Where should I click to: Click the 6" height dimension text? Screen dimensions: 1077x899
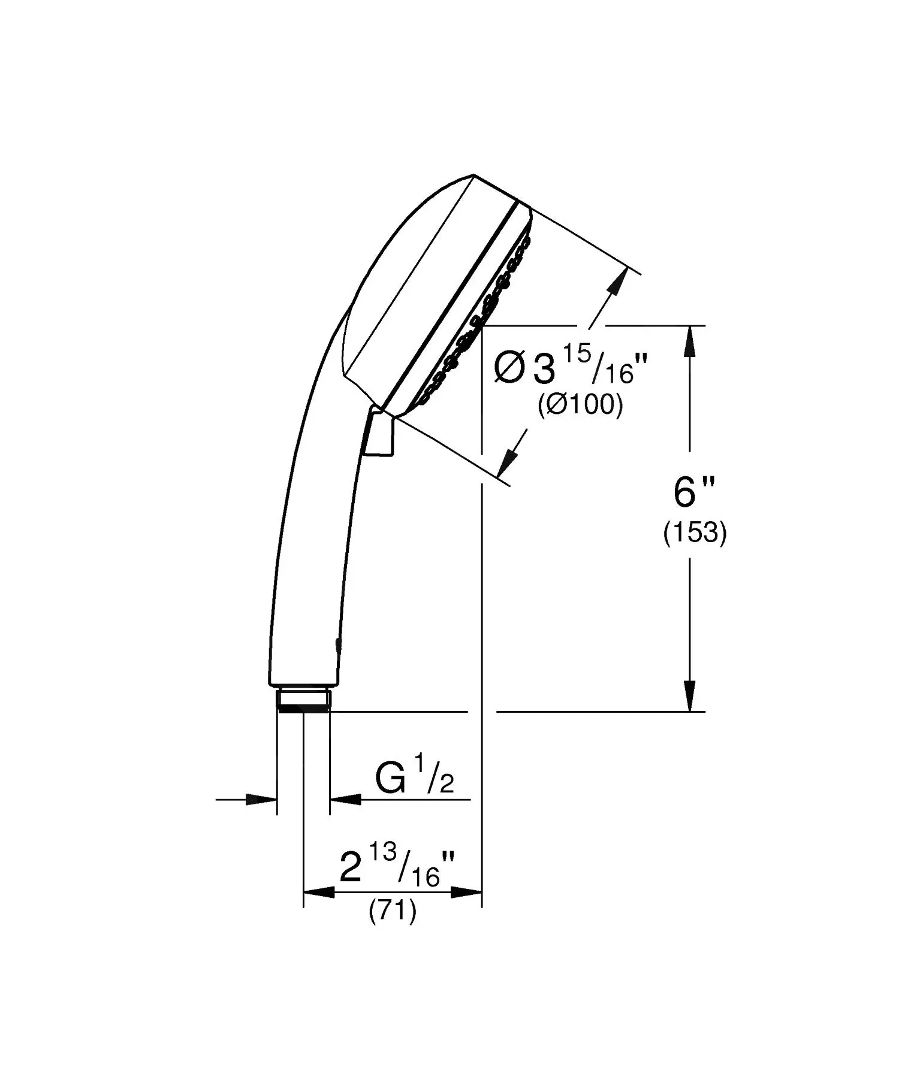click(693, 493)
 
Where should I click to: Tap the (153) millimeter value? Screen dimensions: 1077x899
click(695, 533)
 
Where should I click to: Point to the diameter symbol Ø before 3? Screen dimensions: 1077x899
click(509, 368)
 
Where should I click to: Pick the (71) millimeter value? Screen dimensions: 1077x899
click(392, 911)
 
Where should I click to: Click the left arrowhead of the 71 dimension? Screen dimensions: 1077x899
click(318, 893)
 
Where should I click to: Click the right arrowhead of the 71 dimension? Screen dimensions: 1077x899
click(467, 893)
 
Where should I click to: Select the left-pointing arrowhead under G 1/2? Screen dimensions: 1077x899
click(345, 798)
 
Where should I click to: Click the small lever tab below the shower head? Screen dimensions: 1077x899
click(380, 434)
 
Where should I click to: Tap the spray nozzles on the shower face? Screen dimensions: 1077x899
click(479, 324)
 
